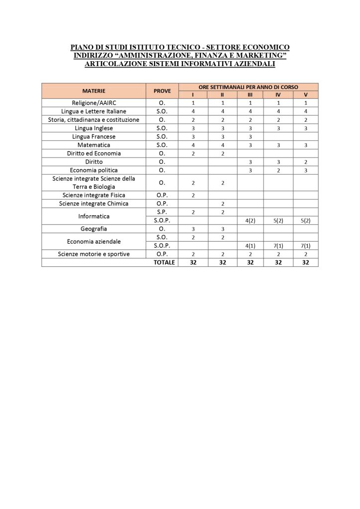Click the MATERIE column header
pos(94,91)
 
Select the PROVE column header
pos(162,91)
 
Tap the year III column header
pos(250,94)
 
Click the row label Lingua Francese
pos(94,136)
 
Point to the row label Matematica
pos(94,145)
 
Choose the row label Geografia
pos(94,229)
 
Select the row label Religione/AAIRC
pos(94,102)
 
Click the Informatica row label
pos(94,216)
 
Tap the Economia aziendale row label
pos(94,242)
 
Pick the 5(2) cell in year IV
pos(278,221)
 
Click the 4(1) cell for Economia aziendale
pos(250,246)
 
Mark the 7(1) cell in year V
pos(306,246)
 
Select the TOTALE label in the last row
pos(165,262)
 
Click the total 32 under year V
pos(306,262)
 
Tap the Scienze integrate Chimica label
pos(94,204)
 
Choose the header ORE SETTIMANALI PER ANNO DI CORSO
pos(248,87)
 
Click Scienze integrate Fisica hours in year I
pos(192,195)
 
